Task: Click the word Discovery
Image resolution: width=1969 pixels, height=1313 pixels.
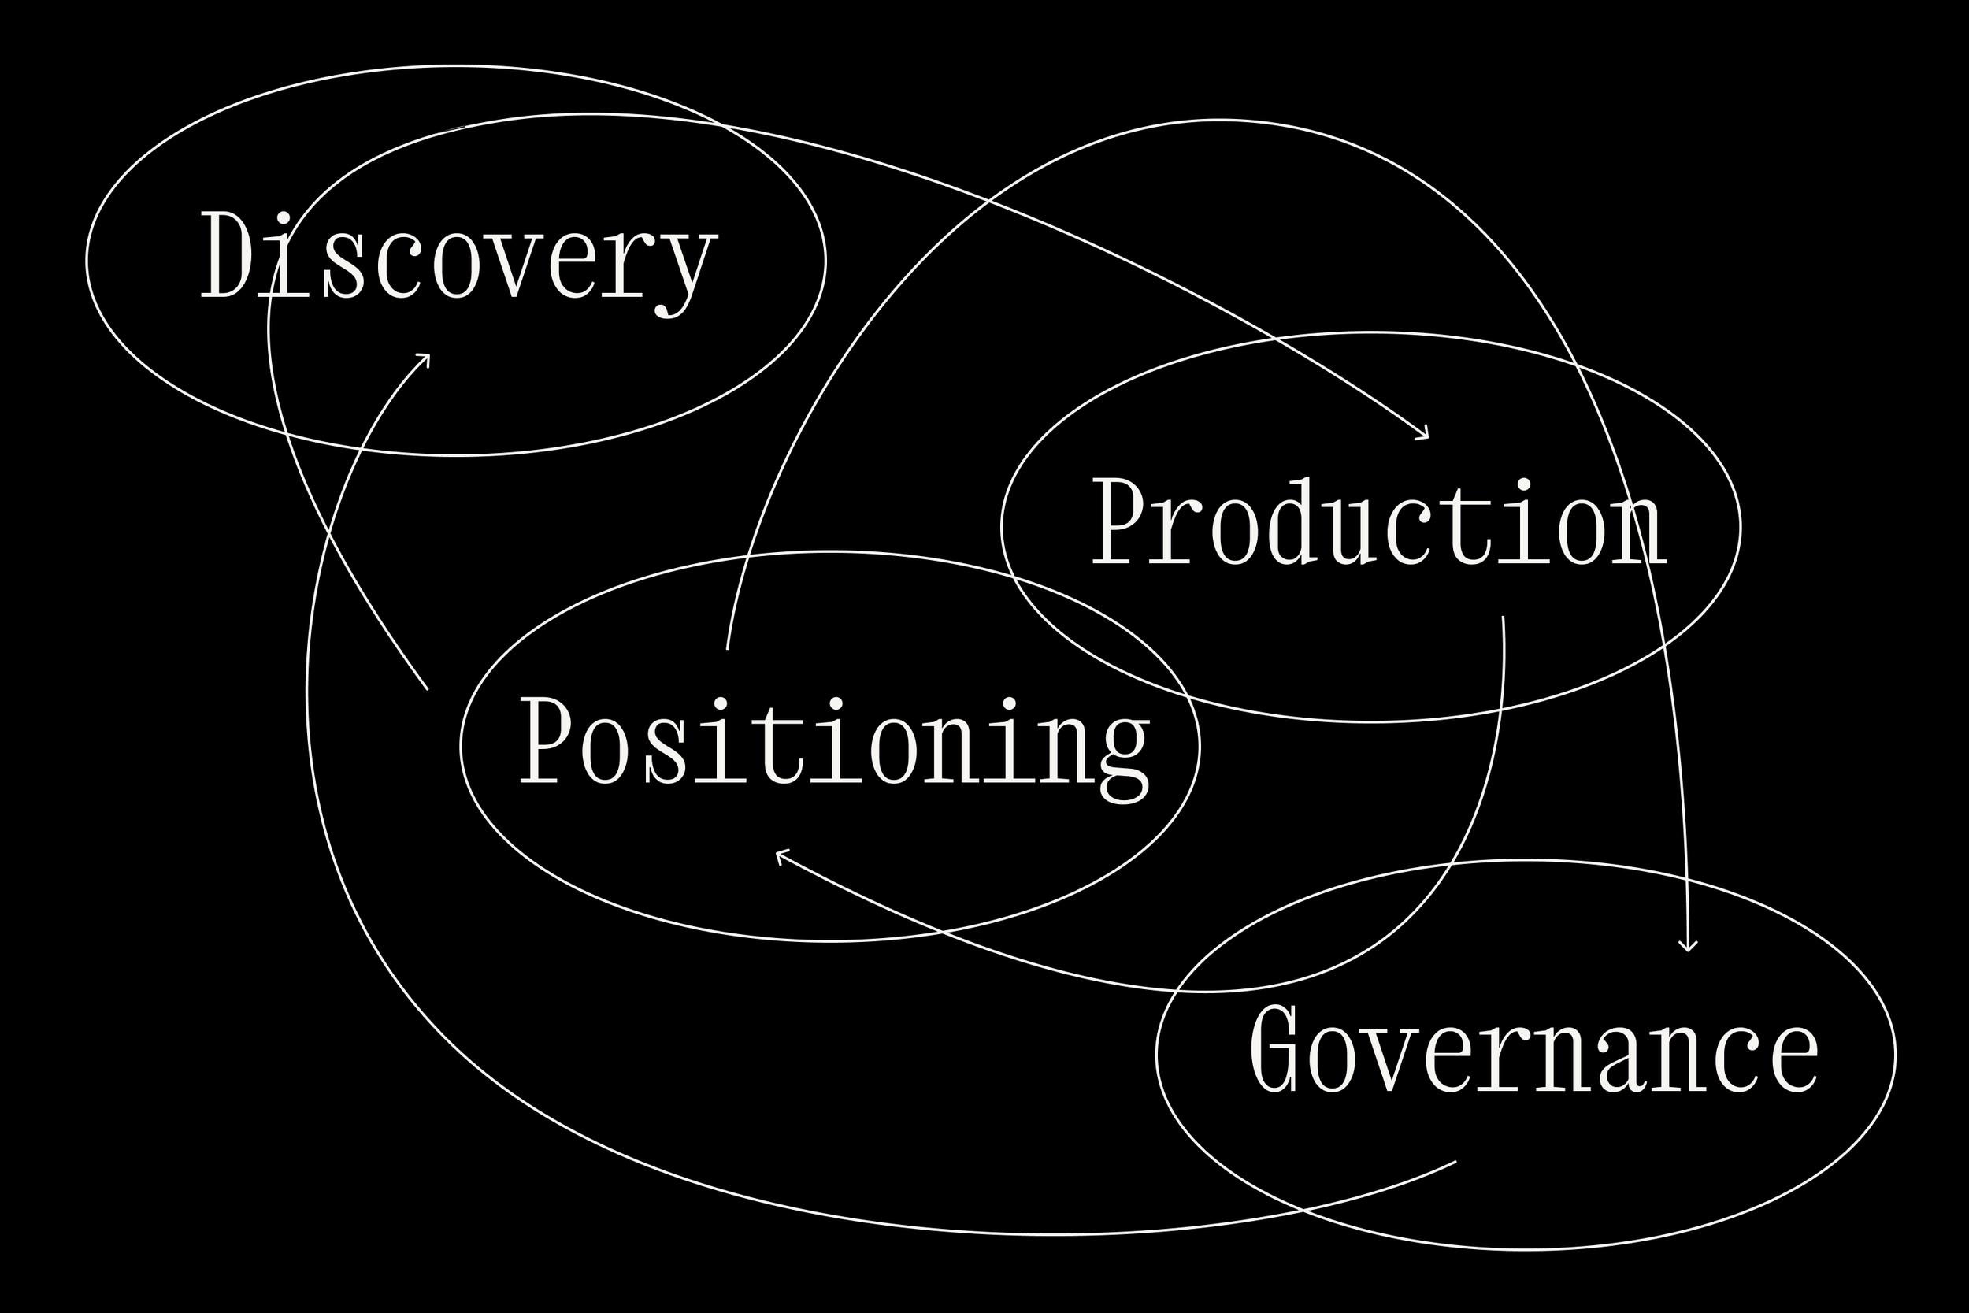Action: point(458,258)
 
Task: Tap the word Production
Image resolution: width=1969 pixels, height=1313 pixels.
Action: point(1378,522)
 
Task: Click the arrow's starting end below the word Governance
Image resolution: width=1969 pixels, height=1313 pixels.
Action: point(1455,1162)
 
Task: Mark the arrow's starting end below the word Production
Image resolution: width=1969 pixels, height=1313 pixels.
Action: point(1503,618)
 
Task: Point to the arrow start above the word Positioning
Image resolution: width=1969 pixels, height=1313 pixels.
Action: point(727,649)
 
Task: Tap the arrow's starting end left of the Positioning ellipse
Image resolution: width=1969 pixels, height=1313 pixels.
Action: point(427,689)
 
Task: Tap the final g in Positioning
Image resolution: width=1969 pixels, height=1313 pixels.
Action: point(1125,754)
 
